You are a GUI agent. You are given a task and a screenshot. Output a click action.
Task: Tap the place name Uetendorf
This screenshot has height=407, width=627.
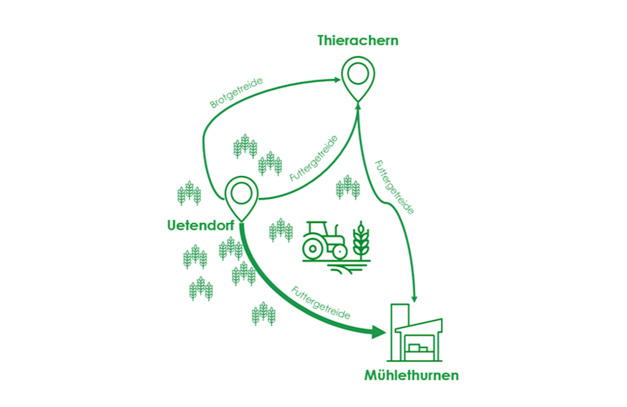pyautogui.click(x=201, y=227)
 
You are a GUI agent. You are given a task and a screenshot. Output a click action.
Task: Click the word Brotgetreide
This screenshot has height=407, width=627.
pyautogui.click(x=236, y=92)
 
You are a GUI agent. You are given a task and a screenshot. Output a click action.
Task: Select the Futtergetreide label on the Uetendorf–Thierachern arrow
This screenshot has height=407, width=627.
pyautogui.click(x=313, y=159)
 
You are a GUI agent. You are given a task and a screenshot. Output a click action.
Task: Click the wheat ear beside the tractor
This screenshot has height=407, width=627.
pyautogui.click(x=361, y=237)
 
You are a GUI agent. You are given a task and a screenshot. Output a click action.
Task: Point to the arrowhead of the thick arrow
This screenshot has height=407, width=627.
pyautogui.click(x=380, y=333)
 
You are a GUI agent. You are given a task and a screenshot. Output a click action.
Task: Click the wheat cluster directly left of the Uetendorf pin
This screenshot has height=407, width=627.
pyautogui.click(x=189, y=192)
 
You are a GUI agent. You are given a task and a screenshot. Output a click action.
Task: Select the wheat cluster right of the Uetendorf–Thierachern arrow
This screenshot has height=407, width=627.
pyautogui.click(x=348, y=187)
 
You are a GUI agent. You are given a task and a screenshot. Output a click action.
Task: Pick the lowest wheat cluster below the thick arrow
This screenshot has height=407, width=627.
pyautogui.click(x=263, y=313)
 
